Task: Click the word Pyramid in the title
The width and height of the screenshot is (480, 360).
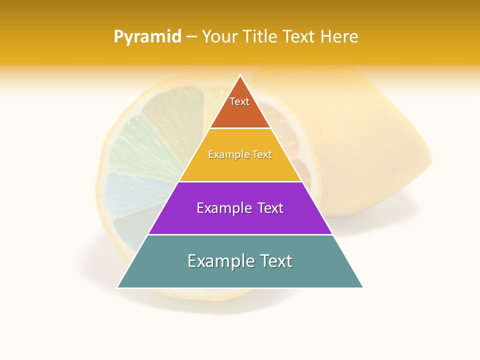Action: (x=147, y=37)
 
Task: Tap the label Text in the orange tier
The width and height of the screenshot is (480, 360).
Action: (x=239, y=101)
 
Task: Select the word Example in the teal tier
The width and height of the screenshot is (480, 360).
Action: (x=218, y=261)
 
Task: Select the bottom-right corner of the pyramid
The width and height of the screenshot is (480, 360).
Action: (x=362, y=287)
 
